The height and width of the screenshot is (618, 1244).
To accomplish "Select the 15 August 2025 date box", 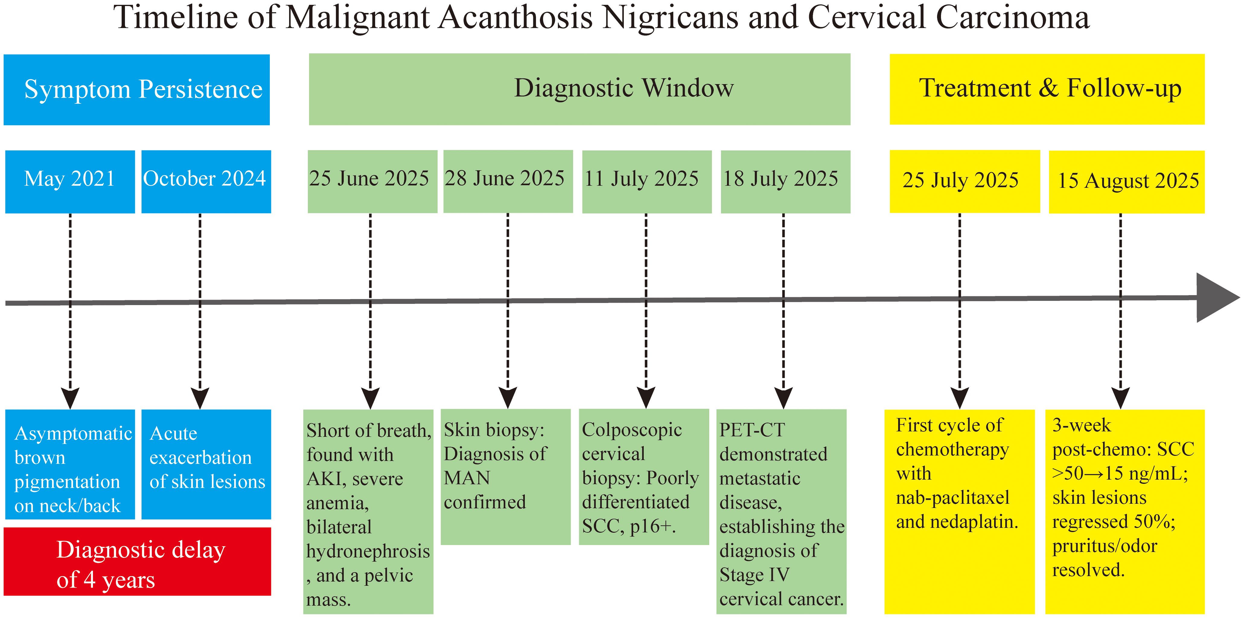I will (x=1126, y=181).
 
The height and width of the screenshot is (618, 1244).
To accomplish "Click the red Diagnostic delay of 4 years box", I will (x=137, y=561).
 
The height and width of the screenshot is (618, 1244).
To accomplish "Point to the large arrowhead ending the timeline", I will (x=1216, y=298).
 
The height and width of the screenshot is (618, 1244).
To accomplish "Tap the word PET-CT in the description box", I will (x=752, y=430).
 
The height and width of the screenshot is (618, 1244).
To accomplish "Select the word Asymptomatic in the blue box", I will (x=73, y=433).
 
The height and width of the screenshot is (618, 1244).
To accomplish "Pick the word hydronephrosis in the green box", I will (x=368, y=551).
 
